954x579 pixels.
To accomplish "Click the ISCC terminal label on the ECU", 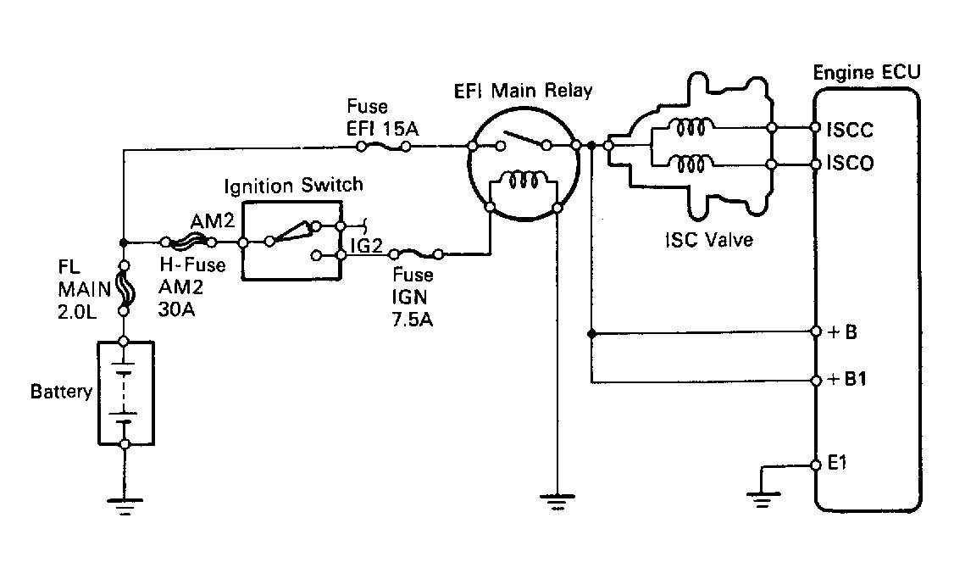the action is coord(850,130).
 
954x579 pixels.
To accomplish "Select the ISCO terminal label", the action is coord(850,163).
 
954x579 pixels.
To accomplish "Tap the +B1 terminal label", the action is coord(847,379).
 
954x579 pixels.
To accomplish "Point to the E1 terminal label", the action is coord(838,464).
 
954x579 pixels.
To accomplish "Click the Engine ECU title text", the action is coord(867,72).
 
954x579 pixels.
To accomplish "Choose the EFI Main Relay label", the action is coord(524,91).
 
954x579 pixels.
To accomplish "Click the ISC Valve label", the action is coord(709,240).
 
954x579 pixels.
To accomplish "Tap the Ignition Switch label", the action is coord(293,185).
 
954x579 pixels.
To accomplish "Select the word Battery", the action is coord(61,391).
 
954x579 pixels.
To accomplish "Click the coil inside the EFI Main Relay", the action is coord(524,181).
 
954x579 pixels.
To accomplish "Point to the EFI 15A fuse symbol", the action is coord(383,146).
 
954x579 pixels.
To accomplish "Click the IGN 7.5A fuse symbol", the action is coord(417,253).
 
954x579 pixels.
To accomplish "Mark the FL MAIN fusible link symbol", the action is coord(124,288).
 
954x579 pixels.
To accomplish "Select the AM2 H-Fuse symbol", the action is coord(188,242).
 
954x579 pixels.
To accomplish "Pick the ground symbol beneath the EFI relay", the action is coord(557,502).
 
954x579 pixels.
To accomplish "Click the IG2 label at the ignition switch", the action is coord(366,245).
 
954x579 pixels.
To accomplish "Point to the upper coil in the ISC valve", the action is coord(691,128).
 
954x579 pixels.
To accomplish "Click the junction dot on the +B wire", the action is coord(591,334).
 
